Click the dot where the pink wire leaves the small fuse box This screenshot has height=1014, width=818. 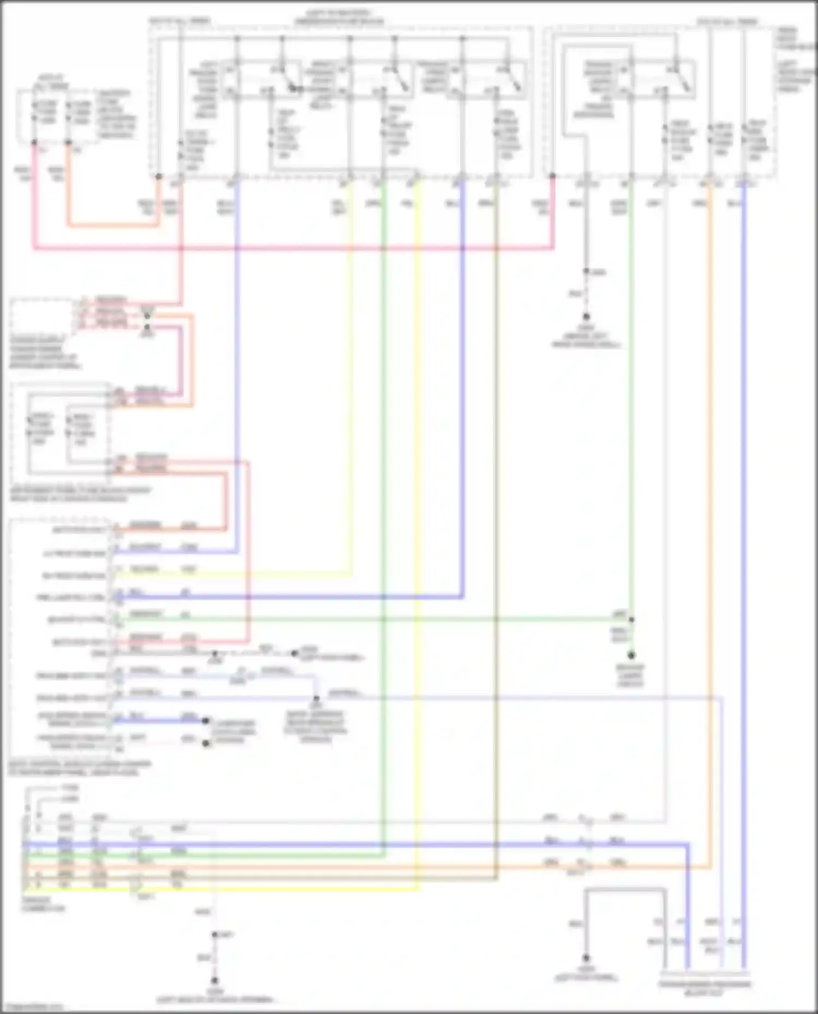click(x=34, y=143)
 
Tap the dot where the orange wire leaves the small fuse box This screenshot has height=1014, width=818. click(x=68, y=143)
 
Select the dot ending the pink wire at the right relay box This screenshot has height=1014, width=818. click(x=552, y=176)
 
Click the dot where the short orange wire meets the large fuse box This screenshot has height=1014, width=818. click(x=159, y=177)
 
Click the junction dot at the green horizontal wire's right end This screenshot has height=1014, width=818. click(x=631, y=620)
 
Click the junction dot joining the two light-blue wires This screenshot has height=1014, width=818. click(x=316, y=699)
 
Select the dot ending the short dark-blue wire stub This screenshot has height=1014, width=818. click(x=206, y=721)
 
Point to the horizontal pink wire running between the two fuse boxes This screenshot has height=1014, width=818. click(x=294, y=248)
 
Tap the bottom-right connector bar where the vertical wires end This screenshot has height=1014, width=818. click(x=704, y=973)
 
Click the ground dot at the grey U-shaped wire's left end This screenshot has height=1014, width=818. click(x=586, y=957)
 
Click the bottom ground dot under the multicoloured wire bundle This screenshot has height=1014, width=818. click(x=214, y=980)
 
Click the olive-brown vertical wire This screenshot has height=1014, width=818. click(x=496, y=490)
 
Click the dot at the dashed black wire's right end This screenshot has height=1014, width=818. click(x=294, y=653)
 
